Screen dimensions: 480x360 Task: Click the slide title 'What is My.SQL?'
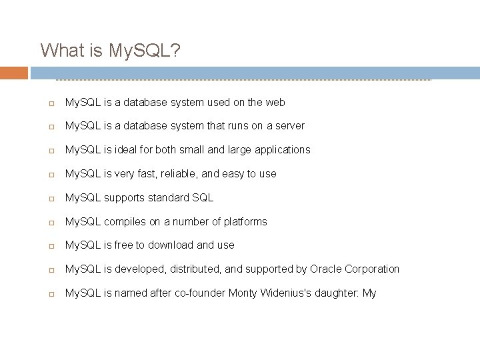[x=110, y=50]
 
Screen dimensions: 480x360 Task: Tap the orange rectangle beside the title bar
[x=14, y=73]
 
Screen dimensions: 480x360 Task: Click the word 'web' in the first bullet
[x=275, y=102]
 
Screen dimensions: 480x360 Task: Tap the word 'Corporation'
[x=369, y=269]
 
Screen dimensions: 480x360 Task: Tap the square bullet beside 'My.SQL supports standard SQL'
[x=51, y=199]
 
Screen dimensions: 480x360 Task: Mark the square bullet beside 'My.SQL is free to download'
[x=51, y=246]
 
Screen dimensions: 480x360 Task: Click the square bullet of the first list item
[x=51, y=103]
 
